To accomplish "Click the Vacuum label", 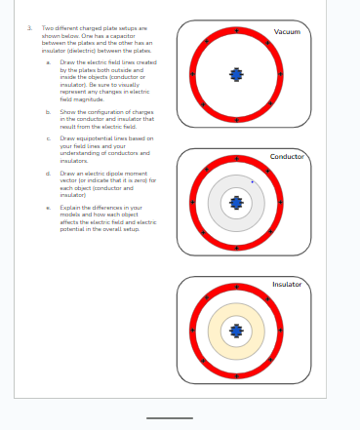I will tap(287, 32).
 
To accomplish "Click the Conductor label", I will tap(287, 157).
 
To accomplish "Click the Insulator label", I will tap(287, 284).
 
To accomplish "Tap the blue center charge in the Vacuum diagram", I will tap(236, 74).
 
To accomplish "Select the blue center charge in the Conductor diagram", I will tap(236, 202).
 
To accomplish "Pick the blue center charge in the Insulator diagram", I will tap(236, 331).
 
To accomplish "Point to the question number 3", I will tap(29, 28).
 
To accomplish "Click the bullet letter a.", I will tap(48, 62).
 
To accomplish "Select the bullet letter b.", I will tap(48, 112).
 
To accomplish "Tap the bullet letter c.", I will tap(48, 138).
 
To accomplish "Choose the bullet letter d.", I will tap(48, 174).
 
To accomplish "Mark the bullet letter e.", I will tap(48, 208).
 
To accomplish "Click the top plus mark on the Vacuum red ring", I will tap(236, 30).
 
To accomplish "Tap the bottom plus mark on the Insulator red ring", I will tap(236, 375).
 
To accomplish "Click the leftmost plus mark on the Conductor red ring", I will tap(192, 202).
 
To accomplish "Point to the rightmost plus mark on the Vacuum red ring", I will tap(281, 74).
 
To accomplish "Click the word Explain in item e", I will tap(69, 208).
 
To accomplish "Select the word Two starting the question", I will tap(46, 28).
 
